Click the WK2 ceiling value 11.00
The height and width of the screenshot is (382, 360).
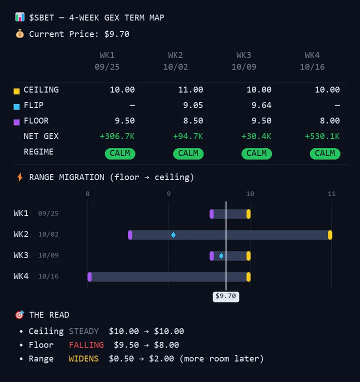[190, 89]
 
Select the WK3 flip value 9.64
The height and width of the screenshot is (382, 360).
[261, 105]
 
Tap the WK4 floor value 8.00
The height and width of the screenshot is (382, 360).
[330, 120]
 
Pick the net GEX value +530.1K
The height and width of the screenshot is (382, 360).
[322, 136]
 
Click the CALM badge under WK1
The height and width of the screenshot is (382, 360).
[120, 153]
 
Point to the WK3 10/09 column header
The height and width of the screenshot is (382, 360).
[244, 61]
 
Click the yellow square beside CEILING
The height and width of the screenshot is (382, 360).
[16, 91]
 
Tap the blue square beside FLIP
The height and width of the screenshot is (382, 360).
[16, 106]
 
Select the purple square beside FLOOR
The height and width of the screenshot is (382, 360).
[16, 122]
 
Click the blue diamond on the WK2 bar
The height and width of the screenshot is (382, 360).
[173, 235]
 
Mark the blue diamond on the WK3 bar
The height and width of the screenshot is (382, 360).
[221, 256]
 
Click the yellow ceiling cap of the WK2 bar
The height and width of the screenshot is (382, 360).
[330, 235]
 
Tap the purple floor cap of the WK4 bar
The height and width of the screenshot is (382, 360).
[89, 277]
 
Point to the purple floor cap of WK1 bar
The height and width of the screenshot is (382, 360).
[211, 214]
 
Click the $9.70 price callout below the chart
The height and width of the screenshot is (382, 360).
[226, 296]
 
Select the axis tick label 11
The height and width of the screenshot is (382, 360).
[331, 193]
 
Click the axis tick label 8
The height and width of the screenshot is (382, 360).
[87, 193]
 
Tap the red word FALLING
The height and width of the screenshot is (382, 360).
[86, 344]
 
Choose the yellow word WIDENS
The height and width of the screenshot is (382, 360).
[83, 358]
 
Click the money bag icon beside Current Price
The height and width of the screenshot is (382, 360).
[19, 33]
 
